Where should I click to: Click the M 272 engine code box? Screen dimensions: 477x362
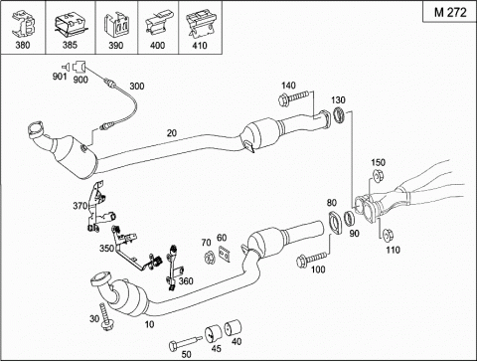click(450, 12)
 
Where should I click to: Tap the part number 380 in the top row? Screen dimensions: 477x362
click(23, 45)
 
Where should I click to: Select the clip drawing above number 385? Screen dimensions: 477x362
click(70, 24)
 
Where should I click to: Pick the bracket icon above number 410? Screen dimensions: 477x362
click(200, 24)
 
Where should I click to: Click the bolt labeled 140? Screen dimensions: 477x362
click(294, 97)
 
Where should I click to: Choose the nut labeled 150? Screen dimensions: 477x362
click(378, 176)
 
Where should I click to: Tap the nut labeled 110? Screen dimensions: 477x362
click(387, 235)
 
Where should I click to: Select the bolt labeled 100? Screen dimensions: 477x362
click(311, 259)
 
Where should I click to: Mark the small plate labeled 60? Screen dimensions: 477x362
click(225, 255)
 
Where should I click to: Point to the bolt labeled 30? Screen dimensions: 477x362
click(105, 317)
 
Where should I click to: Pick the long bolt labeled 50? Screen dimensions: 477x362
click(185, 343)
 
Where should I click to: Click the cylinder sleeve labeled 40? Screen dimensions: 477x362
click(233, 328)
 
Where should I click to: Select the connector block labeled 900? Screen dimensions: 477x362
click(79, 67)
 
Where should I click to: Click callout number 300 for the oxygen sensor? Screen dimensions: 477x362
click(136, 87)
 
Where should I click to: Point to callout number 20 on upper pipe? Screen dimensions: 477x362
click(172, 133)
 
